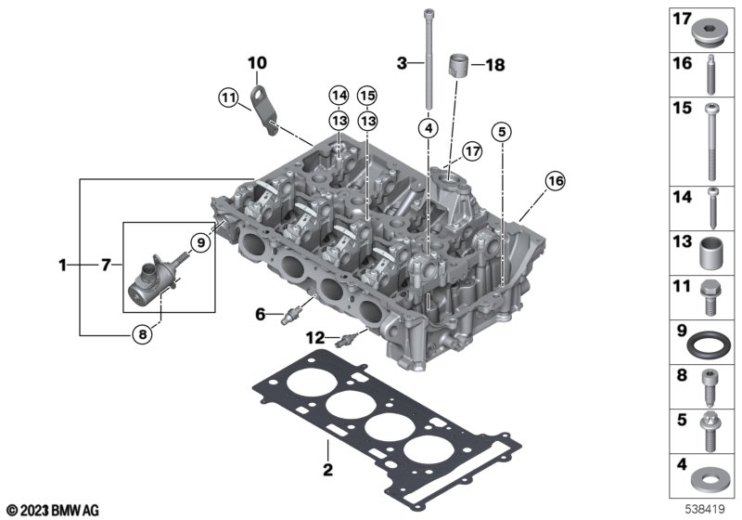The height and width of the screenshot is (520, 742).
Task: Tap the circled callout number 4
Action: click(x=429, y=128)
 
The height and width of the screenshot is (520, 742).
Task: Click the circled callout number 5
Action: click(x=502, y=132)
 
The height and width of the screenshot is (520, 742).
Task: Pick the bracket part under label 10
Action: click(x=263, y=110)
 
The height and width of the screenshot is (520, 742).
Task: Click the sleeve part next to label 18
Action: click(x=458, y=64)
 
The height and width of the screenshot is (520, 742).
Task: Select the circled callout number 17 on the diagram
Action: click(x=472, y=151)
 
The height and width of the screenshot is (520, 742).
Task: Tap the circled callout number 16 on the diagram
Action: click(x=555, y=180)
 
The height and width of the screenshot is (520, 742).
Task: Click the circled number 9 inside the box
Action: click(x=200, y=243)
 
